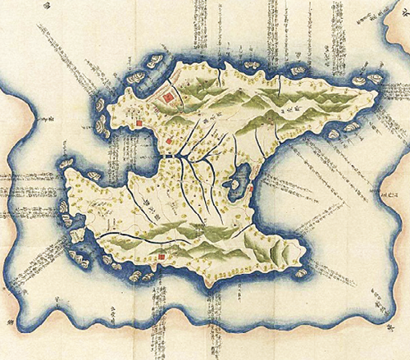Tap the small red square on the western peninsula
tap(139, 124)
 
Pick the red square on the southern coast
tap(162, 255)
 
